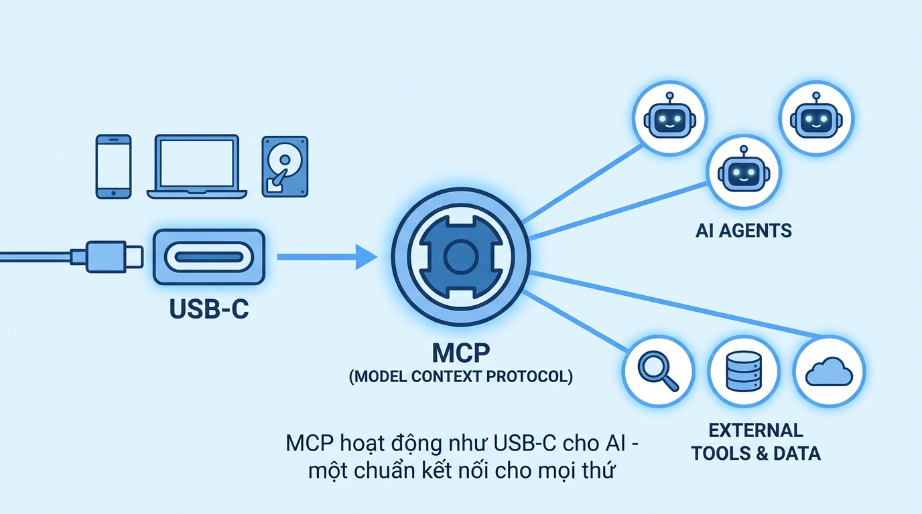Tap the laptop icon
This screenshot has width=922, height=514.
pyautogui.click(x=196, y=166)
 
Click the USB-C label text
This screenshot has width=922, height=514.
pyautogui.click(x=209, y=311)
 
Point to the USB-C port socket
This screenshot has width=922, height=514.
pyautogui.click(x=209, y=257)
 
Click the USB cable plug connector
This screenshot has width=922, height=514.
pyautogui.click(x=107, y=256)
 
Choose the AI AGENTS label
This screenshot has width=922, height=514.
pyautogui.click(x=743, y=232)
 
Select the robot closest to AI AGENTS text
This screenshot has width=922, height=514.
pyautogui.click(x=744, y=172)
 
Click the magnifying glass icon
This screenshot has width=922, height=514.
pyautogui.click(x=658, y=371)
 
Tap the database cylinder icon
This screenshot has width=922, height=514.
pyautogui.click(x=744, y=371)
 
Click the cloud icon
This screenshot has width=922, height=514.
pyautogui.click(x=829, y=371)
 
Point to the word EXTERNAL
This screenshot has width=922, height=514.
pyautogui.click(x=756, y=430)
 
